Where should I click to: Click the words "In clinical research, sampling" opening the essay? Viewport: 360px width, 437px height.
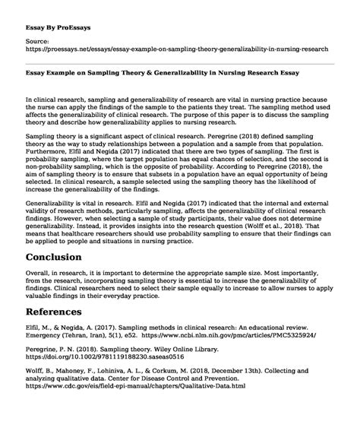click(84, 100)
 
